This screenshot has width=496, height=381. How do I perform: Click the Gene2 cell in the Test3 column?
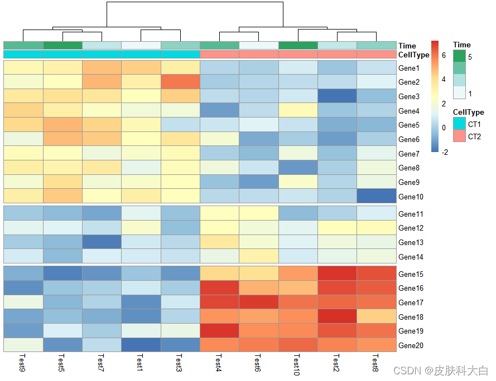180,82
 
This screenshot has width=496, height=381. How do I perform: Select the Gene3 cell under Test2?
337,96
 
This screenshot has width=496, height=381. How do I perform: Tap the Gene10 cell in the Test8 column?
376,196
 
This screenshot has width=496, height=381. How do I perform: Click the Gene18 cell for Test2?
337,316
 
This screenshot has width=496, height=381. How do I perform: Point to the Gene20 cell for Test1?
141,345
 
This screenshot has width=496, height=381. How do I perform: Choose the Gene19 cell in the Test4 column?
219,331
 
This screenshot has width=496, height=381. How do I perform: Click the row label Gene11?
411,214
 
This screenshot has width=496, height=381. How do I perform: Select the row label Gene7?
409,154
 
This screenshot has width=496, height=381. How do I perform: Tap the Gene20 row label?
411,345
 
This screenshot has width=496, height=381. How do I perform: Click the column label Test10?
297,364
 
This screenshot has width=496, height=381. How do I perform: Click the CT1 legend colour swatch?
459,124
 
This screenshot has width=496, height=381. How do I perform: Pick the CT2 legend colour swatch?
459,136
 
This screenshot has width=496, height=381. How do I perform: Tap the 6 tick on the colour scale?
444,55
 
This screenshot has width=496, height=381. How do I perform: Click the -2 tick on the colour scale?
445,152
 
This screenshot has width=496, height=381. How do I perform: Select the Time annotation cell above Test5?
62,45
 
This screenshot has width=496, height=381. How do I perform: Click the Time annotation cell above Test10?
297,45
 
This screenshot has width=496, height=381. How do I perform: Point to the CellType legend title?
468,113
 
